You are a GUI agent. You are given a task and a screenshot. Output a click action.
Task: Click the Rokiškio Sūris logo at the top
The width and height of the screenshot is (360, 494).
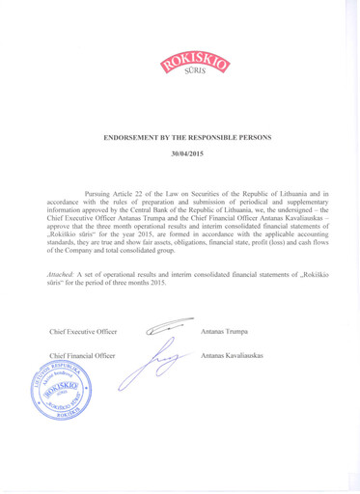pyautogui.click(x=180, y=69)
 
